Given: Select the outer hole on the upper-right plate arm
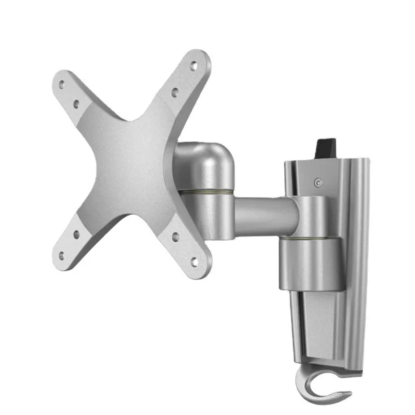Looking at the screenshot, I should click(194, 66).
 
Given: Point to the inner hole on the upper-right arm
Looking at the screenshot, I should click(175, 93).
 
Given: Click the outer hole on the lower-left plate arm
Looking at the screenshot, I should click(62, 255).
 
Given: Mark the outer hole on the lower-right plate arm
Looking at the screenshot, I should click(195, 261).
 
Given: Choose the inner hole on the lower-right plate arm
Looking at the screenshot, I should click(175, 237).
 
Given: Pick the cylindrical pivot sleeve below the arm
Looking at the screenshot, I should click(310, 264).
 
